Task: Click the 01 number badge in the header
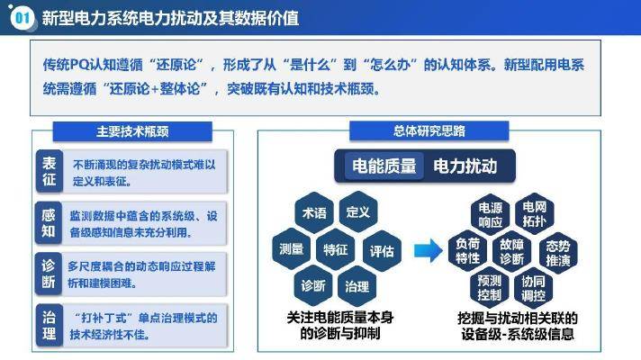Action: [23, 18]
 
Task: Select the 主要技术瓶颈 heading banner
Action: [132, 131]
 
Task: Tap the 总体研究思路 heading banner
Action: [429, 130]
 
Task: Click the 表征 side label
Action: [49, 171]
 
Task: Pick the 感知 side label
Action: [49, 223]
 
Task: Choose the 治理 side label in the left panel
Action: [49, 326]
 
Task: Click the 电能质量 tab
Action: [384, 166]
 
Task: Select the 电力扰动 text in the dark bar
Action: [465, 166]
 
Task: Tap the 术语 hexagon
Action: [314, 212]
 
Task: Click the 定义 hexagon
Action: [358, 211]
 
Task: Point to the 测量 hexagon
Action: [291, 249]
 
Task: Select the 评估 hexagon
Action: [382, 250]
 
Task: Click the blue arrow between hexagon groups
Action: [428, 250]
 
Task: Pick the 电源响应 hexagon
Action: [490, 215]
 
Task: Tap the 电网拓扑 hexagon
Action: [534, 214]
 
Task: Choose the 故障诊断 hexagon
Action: [512, 251]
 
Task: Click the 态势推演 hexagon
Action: [558, 253]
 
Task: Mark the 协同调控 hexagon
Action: [533, 288]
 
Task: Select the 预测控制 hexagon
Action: [490, 288]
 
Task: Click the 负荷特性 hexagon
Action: [467, 251]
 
